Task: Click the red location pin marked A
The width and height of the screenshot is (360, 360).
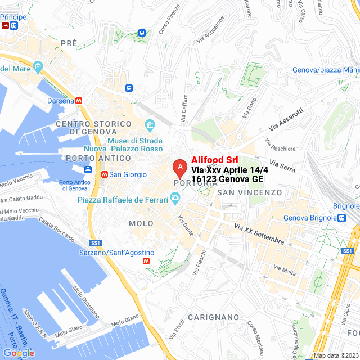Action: coord(179,167)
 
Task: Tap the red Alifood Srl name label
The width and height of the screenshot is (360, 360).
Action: coord(215,160)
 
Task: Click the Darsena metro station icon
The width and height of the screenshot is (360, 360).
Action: coord(79,101)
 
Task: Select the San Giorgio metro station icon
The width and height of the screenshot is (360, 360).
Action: coord(103,174)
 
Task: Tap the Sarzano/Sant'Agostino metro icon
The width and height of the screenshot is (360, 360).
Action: coord(147,261)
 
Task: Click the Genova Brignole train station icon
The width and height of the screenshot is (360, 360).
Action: coord(341,218)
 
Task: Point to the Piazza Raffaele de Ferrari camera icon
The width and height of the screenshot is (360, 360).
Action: coord(175,198)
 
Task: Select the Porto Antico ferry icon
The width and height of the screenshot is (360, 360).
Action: coord(88,170)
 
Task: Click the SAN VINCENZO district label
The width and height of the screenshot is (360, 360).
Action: coord(249,192)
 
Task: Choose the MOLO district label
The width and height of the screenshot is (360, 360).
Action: coord(141,223)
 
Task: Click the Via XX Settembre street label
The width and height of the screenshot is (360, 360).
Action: coord(259,235)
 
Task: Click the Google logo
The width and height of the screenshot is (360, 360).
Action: coord(19,353)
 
